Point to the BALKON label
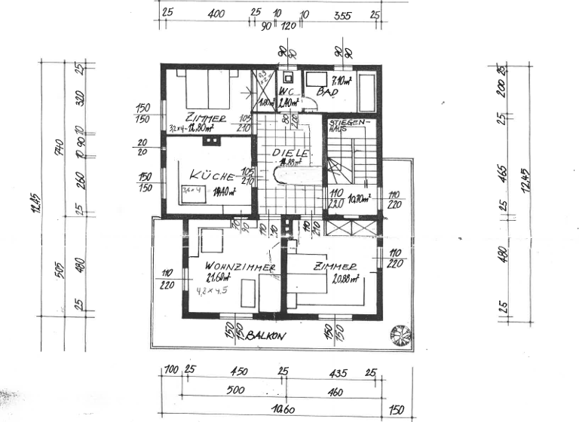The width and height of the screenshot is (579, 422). coord(266,337)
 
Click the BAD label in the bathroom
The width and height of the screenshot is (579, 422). coord(327,92)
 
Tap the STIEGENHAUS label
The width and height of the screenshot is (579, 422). coord(346,124)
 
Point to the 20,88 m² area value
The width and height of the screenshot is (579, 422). coord(346,277)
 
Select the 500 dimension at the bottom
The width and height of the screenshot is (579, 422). coord(235,391)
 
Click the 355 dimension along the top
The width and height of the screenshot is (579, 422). coord(342,14)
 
